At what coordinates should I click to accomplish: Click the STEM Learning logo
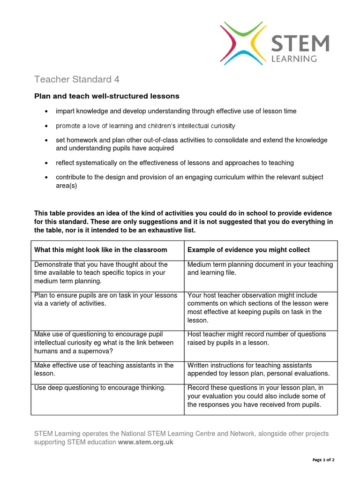275,43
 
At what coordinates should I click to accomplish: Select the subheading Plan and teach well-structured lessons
107,96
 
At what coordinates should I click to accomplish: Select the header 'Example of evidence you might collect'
248,250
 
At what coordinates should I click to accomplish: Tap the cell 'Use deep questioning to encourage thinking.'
100,388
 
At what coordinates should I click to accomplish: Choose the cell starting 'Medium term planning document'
260,269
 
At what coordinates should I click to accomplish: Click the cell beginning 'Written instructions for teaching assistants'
259,369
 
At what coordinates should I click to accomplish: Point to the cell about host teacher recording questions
256,338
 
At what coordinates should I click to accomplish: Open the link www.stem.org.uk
145,442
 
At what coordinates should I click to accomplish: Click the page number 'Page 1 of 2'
323,460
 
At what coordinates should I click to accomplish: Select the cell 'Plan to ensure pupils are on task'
106,300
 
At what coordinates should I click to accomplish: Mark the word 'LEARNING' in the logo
294,59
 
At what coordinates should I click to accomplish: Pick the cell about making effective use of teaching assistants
104,369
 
